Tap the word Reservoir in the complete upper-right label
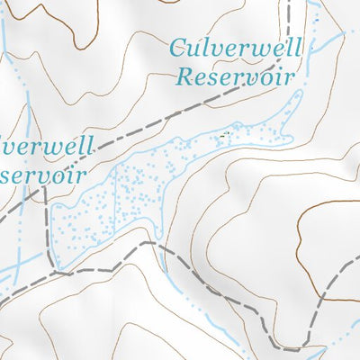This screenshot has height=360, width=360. click(236, 76)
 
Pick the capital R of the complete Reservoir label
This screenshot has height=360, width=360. click(184, 76)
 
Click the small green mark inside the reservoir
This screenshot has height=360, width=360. click(223, 136)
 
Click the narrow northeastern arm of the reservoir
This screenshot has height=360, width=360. click(286, 108)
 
